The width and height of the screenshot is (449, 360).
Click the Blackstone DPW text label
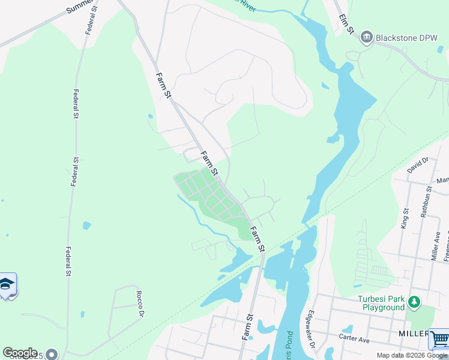[406, 38]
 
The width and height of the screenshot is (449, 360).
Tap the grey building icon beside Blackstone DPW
[366, 38]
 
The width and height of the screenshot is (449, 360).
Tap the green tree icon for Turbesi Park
[414, 302]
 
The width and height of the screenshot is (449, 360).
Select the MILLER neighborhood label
[412, 333]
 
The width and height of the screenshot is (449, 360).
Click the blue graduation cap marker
[7, 284]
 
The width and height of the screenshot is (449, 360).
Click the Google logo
[20, 353]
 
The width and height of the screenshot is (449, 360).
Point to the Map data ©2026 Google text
[412, 356]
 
